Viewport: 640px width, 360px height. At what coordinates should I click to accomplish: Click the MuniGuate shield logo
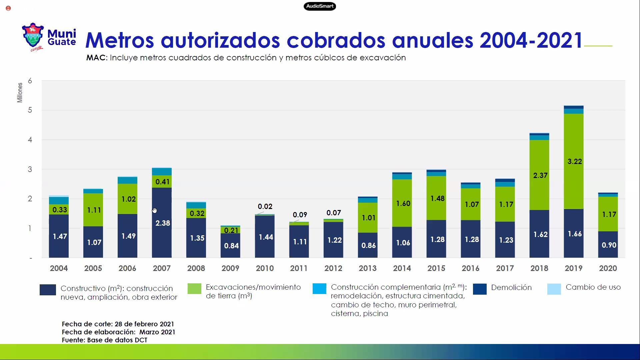pos(33,36)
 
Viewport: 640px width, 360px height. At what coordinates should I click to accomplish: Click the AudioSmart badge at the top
pos(320,6)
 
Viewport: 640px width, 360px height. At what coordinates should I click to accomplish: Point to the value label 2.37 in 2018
pos(540,175)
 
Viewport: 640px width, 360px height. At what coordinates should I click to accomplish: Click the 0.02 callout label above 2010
pos(265,207)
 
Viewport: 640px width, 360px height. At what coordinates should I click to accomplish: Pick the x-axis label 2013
pos(368,268)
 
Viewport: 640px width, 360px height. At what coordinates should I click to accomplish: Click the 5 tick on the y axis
pos(30,110)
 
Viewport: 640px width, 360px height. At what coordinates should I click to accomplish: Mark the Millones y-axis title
pos(20,92)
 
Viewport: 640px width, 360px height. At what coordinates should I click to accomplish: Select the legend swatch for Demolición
pos(480,289)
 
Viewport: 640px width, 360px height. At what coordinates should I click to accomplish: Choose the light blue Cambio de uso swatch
pos(554,289)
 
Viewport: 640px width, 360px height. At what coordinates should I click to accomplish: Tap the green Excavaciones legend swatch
pos(194,289)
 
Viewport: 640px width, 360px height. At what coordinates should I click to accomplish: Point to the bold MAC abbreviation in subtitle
pos(96,58)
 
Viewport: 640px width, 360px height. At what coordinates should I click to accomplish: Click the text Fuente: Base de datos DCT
pos(104,340)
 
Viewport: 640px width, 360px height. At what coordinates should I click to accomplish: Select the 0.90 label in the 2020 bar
pos(609,245)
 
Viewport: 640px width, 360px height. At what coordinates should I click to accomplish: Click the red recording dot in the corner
pos(8,8)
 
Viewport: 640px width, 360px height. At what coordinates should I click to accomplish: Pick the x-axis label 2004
pos(59,268)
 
